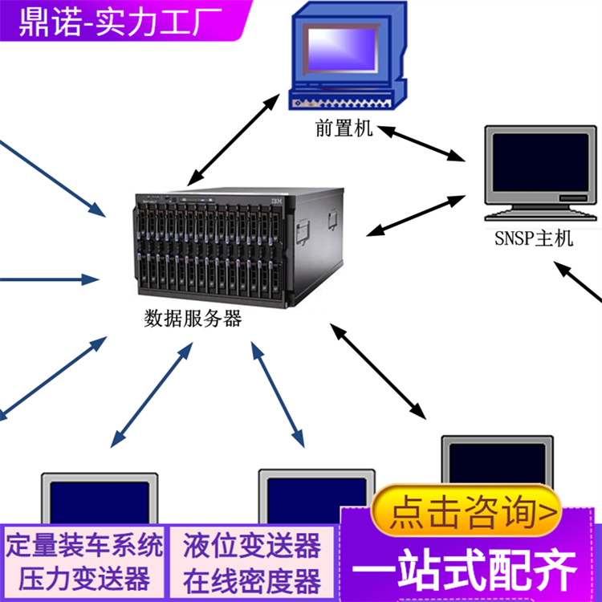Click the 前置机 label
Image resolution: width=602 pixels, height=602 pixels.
pyautogui.click(x=344, y=128)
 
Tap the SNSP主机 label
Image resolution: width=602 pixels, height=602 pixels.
pyautogui.click(x=533, y=238)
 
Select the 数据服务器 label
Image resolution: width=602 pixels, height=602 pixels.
pyautogui.click(x=193, y=319)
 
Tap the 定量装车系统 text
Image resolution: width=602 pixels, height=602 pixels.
pyautogui.click(x=84, y=547)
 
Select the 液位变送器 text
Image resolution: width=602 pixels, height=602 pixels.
pyautogui.click(x=251, y=547)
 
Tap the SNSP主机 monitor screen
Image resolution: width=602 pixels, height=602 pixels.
pyautogui.click(x=540, y=162)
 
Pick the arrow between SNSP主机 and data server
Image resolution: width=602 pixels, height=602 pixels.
pyautogui.click(x=417, y=214)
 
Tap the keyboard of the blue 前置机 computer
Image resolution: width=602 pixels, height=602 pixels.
pyautogui.click(x=341, y=104)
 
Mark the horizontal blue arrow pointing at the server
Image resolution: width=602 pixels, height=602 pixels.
pyautogui.click(x=48, y=280)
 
